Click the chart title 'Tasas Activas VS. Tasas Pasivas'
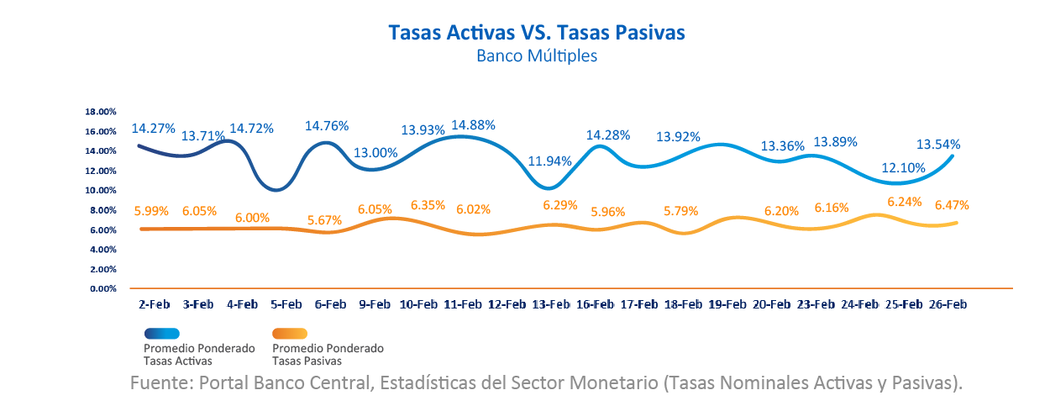tap(537, 32)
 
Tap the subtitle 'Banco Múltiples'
tap(537, 56)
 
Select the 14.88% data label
tap(474, 124)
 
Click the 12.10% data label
tap(903, 167)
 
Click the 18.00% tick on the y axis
tap(101, 112)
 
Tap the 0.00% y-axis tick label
tap(102, 289)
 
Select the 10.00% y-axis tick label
tap(101, 191)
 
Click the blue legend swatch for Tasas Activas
tap(174, 333)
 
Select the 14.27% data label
tap(153, 129)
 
